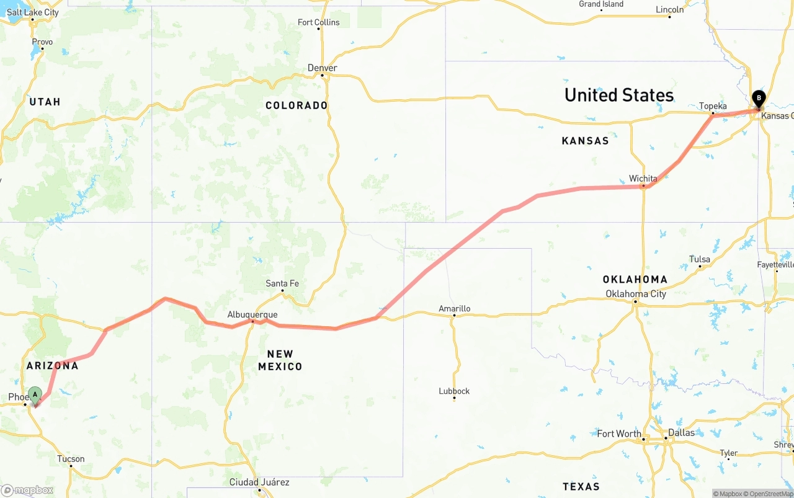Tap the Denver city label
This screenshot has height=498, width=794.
point(323,68)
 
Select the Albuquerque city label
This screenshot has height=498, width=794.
point(252,314)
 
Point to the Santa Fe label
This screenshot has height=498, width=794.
point(282,283)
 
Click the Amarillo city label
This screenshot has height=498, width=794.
point(454,308)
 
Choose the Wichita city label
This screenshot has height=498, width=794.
point(643,179)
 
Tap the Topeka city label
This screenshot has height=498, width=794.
point(713,106)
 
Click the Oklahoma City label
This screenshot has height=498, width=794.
point(636,294)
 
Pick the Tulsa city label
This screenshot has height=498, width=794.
point(700,259)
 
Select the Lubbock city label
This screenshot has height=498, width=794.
point(454,391)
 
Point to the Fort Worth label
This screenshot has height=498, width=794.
point(619,434)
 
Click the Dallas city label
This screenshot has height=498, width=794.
point(682,432)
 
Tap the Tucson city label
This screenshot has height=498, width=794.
point(71,459)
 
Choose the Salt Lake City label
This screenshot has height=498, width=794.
point(33,12)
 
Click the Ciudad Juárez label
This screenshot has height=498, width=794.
point(259,482)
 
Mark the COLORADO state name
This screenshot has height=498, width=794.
point(297,105)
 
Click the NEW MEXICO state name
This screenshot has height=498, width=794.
point(280,360)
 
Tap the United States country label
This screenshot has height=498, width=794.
point(618,95)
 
